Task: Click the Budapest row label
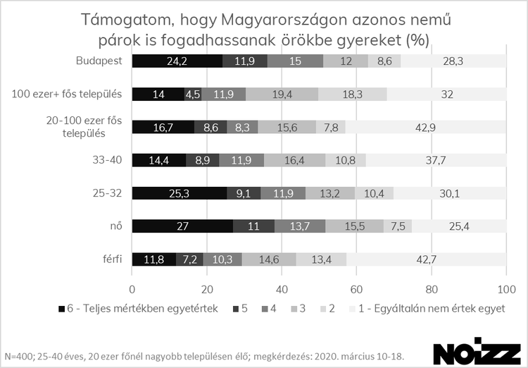click(x=99, y=61)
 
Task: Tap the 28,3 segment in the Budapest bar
click(x=453, y=61)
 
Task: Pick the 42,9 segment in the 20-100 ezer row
click(x=426, y=126)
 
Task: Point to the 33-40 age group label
click(x=108, y=159)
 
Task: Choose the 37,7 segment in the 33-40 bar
click(x=436, y=159)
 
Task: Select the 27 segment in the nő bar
click(x=182, y=226)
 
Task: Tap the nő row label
click(x=115, y=226)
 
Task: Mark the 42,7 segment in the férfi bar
click(x=426, y=259)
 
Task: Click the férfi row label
click(x=111, y=259)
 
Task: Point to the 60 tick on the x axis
click(x=356, y=288)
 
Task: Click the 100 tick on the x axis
click(x=505, y=288)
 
